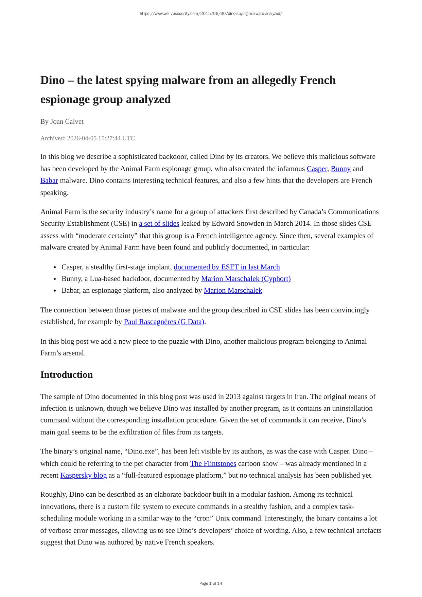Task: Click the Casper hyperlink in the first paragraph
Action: click(x=317, y=169)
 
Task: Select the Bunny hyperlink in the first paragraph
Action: click(x=340, y=169)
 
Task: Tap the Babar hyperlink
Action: click(x=49, y=181)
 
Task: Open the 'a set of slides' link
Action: click(x=159, y=223)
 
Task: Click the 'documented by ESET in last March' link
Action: click(x=227, y=267)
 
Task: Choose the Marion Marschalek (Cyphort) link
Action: click(x=246, y=279)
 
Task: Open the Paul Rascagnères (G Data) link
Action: click(x=164, y=322)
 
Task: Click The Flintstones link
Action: click(x=213, y=463)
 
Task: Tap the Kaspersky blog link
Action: click(x=83, y=475)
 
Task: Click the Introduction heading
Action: click(x=66, y=375)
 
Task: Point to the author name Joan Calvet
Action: click(x=67, y=122)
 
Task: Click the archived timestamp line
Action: click(x=87, y=138)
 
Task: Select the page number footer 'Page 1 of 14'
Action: click(x=211, y=583)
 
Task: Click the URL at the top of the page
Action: click(x=211, y=14)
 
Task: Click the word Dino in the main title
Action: click(x=52, y=81)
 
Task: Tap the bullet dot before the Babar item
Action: click(x=55, y=291)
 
